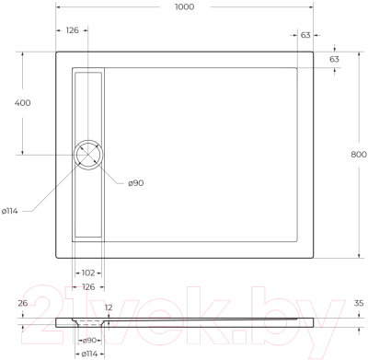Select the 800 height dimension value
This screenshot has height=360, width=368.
pyautogui.click(x=359, y=155)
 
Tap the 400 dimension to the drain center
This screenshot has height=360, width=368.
pyautogui.click(x=23, y=102)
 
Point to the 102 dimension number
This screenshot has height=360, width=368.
pyautogui.click(x=88, y=273)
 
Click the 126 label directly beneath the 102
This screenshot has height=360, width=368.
pyautogui.click(x=88, y=285)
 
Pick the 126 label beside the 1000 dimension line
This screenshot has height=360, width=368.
pyautogui.click(x=72, y=29)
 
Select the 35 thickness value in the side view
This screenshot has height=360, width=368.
pyautogui.click(x=359, y=302)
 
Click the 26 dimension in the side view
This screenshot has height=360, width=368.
pyautogui.click(x=23, y=303)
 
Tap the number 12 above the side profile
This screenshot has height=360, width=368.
pyautogui.click(x=108, y=307)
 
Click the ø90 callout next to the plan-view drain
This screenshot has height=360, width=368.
pyautogui.click(x=134, y=183)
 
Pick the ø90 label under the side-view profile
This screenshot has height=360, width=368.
pyautogui.click(x=91, y=340)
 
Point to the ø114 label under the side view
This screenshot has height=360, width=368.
pyautogui.click(x=90, y=353)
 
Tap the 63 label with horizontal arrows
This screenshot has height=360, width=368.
pyautogui.click(x=305, y=36)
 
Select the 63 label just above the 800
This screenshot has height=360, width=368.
pyautogui.click(x=335, y=59)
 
